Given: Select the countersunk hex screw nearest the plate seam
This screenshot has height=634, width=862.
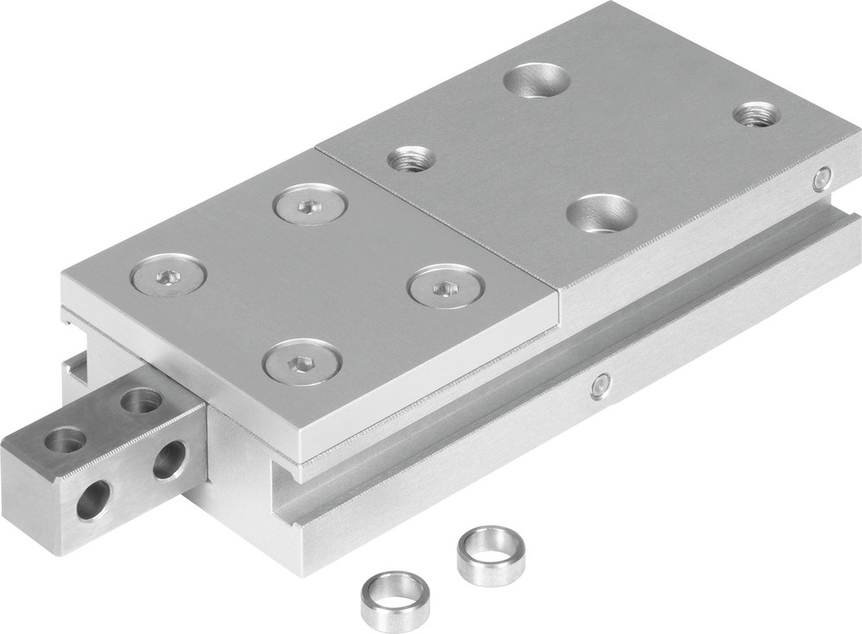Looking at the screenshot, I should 309,205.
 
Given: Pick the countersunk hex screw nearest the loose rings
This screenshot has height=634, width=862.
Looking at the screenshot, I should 302,361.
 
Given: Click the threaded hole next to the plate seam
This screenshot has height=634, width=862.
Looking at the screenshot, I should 410,158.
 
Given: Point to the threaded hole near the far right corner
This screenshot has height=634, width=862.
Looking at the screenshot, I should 756,113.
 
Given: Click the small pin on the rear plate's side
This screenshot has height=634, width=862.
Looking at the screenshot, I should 822,179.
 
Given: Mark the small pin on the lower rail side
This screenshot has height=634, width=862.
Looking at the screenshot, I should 601,386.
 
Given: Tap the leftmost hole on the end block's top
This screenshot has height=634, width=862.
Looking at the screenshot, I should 66,440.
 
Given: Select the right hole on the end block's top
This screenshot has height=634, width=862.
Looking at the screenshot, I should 141,401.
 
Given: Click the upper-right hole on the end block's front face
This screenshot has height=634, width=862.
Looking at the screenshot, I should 170,459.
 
